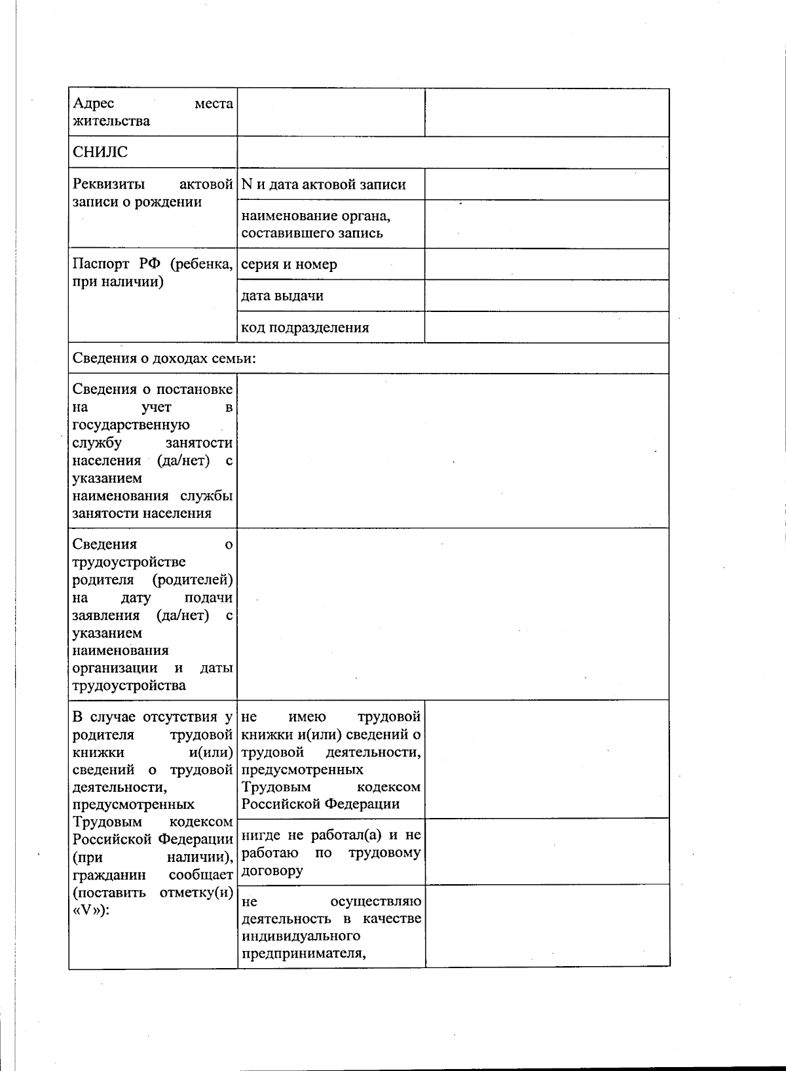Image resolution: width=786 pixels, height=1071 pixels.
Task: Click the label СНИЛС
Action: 100,152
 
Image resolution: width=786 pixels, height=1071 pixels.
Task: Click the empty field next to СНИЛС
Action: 453,153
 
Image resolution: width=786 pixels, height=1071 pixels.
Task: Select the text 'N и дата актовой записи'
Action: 324,185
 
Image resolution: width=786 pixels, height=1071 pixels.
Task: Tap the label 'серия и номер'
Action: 290,265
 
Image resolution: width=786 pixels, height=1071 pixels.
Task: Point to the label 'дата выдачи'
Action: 282,296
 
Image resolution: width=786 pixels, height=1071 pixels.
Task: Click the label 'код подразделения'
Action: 305,328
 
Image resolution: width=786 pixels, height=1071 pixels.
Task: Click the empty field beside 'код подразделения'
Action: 546,327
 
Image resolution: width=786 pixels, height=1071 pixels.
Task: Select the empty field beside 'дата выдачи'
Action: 546,296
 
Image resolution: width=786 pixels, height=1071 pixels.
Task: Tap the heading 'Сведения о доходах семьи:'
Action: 164,359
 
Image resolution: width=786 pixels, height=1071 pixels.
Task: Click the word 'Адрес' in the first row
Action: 94,104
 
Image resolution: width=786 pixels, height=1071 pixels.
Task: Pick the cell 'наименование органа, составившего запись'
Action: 316,224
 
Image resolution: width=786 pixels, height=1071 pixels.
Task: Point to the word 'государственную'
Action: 131,425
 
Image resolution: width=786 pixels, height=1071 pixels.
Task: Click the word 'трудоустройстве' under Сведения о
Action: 129,562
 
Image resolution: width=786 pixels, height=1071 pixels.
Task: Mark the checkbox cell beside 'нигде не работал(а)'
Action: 546,851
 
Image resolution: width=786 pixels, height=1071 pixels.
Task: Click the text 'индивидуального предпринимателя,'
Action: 303,944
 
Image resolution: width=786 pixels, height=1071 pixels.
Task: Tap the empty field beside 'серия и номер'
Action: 546,264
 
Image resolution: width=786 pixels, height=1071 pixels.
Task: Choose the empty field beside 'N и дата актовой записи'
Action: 546,184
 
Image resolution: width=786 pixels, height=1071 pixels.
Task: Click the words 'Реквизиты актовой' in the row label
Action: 152,185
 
